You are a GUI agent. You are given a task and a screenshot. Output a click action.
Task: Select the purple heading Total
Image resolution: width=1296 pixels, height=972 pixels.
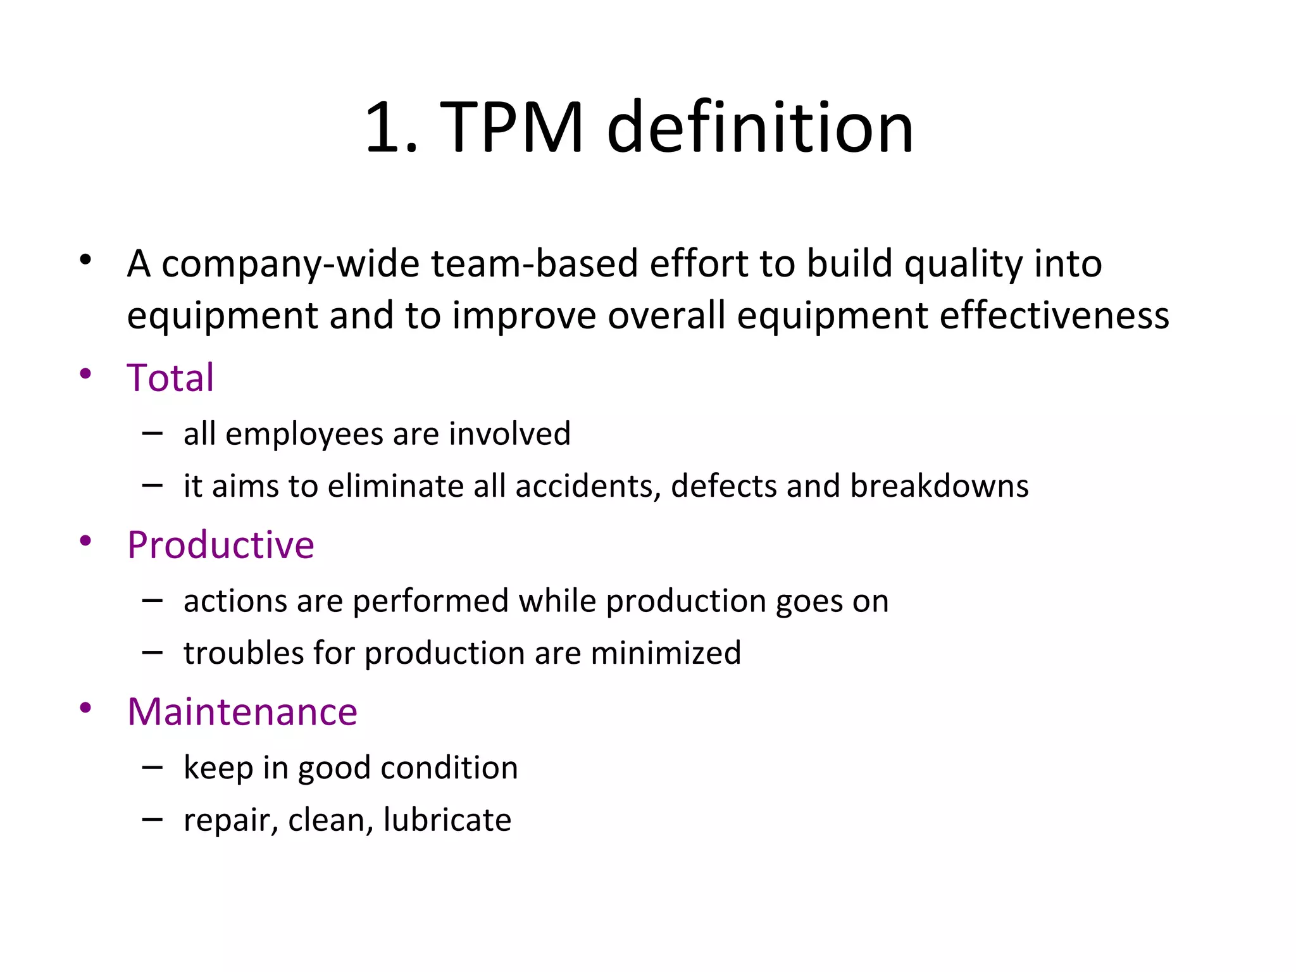tap(170, 378)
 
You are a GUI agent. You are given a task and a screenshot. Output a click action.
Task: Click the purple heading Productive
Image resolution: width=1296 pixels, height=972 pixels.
tap(221, 545)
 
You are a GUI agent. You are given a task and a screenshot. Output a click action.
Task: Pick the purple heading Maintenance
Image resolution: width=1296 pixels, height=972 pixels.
tap(242, 711)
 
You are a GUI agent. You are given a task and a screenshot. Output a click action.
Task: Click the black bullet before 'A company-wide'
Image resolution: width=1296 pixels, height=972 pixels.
tap(85, 259)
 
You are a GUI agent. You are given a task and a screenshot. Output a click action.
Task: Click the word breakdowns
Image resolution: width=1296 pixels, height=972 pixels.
tap(939, 486)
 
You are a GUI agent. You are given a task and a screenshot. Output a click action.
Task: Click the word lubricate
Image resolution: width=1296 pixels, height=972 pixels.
tap(447, 820)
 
